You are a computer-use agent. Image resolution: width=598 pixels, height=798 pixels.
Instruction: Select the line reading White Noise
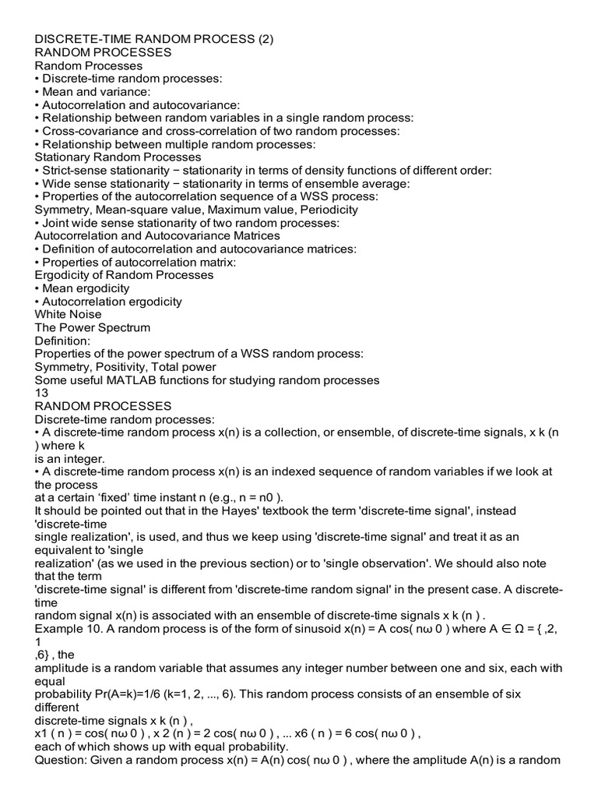(x=69, y=314)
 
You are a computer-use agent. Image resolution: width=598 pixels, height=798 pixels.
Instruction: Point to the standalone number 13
(x=42, y=393)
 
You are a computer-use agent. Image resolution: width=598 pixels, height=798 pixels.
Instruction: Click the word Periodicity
(x=325, y=209)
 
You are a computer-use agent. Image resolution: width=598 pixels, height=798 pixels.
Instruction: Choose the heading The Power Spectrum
(x=93, y=327)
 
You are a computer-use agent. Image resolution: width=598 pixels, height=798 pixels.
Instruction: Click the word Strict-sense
(x=76, y=170)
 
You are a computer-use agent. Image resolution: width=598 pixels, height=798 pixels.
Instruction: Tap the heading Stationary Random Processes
(x=118, y=157)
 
